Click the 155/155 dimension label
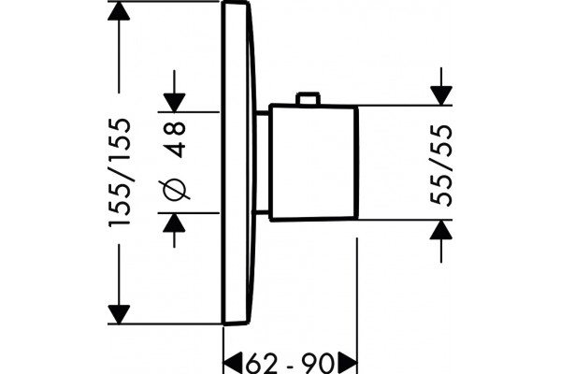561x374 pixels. pyautogui.click(x=120, y=172)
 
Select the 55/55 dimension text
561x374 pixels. pyautogui.click(x=441, y=165)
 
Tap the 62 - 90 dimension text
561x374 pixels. pyautogui.click(x=290, y=365)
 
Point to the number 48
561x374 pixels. pyautogui.click(x=177, y=139)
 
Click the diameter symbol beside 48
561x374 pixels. pyautogui.click(x=175, y=190)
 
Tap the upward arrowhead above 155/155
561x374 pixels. pyautogui.click(x=119, y=11)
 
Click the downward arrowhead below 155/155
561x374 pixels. pyautogui.click(x=119, y=314)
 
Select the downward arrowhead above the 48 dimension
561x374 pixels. pyautogui.click(x=174, y=103)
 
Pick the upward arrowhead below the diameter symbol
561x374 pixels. pyautogui.click(x=174, y=223)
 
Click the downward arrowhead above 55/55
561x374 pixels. pyautogui.click(x=441, y=96)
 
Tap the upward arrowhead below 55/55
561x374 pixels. pyautogui.click(x=441, y=229)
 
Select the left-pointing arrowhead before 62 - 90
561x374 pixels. pyautogui.click(x=233, y=364)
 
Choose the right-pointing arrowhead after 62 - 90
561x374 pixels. pyautogui.click(x=347, y=364)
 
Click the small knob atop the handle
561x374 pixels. pyautogui.click(x=308, y=98)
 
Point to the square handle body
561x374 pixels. pyautogui.click(x=314, y=162)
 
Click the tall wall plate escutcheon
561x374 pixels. pyautogui.click(x=239, y=163)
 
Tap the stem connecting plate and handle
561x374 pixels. pyautogui.click(x=261, y=163)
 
